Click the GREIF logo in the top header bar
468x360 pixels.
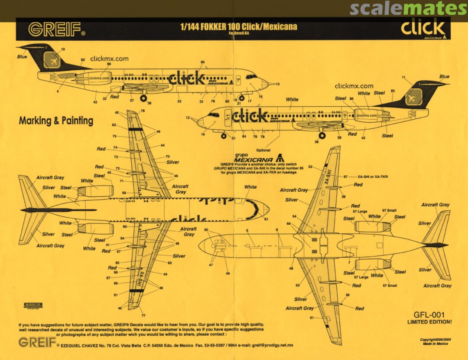(x=56, y=29)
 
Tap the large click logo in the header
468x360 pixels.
(x=422, y=29)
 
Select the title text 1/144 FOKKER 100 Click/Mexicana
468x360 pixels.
(x=238, y=27)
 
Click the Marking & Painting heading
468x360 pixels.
(x=56, y=121)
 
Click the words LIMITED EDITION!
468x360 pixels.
(x=429, y=322)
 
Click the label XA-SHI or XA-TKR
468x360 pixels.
(x=373, y=177)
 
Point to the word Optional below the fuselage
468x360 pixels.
(x=263, y=150)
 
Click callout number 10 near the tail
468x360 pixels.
(x=63, y=49)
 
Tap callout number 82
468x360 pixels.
(x=83, y=60)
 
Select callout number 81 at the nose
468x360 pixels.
(x=266, y=219)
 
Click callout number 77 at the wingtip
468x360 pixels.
(x=143, y=316)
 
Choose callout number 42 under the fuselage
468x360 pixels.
(x=95, y=102)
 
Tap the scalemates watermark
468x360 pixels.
(x=408, y=9)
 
